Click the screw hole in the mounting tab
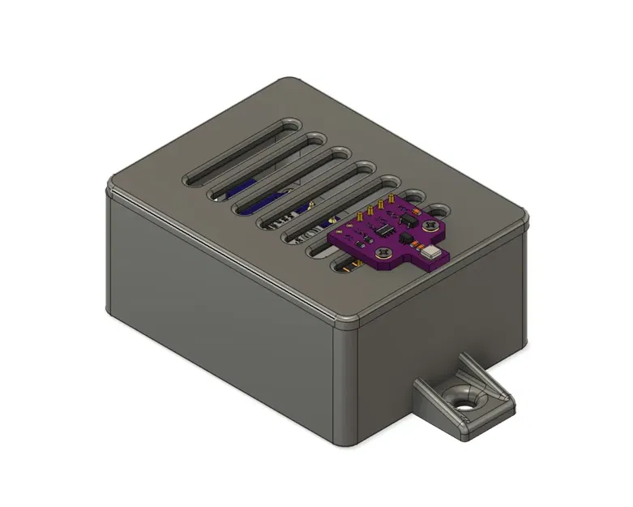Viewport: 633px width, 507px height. point(464,401)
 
